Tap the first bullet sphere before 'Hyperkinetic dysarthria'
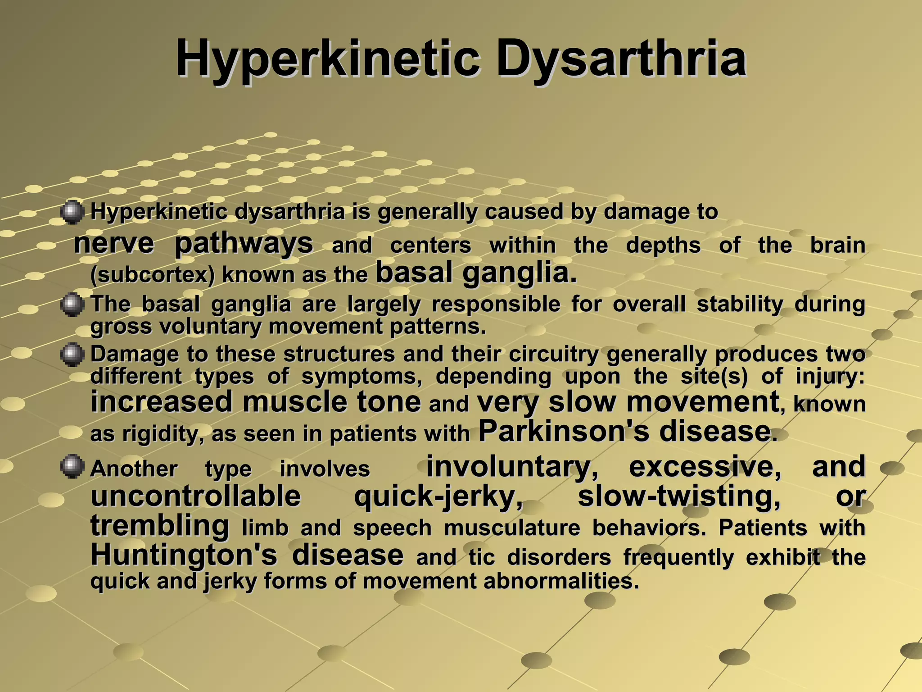point(72,213)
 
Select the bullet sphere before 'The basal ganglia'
point(72,305)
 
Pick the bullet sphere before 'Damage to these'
point(72,355)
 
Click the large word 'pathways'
point(244,244)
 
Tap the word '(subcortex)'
point(153,275)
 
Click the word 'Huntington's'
point(184,555)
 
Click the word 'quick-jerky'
point(439,497)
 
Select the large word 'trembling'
point(160,526)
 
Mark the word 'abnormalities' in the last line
point(561,581)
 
